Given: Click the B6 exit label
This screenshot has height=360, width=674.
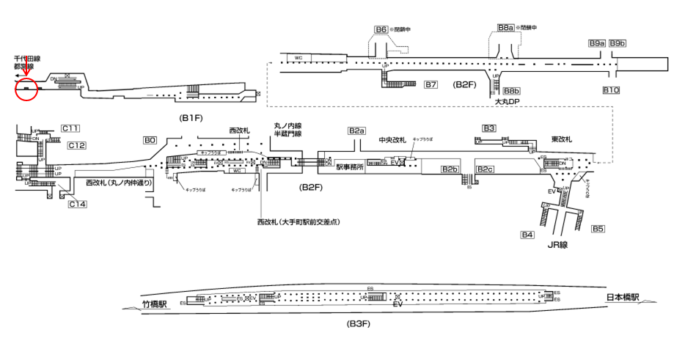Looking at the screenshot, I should pos(381,30).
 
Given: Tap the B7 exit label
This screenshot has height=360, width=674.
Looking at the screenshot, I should pos(431,85).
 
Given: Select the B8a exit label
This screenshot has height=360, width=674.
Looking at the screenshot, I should pos(504,28).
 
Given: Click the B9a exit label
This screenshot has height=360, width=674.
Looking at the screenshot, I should pos(596,44).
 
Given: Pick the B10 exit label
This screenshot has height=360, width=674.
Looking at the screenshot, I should pos(611,90).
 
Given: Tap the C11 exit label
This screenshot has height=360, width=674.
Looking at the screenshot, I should pos(70,129).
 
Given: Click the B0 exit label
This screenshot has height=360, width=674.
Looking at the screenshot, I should pos(150,139).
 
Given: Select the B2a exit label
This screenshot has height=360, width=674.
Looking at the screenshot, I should pos(356,131).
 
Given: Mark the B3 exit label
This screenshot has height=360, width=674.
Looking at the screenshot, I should pos(489,128).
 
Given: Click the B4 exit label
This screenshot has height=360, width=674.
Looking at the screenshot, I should pos(527,235).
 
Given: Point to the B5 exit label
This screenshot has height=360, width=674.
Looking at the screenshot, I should pos(598,229).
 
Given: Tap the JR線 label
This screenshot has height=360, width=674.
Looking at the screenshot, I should pos(559,246).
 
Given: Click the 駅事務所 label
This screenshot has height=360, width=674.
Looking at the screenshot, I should pos(351,167).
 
